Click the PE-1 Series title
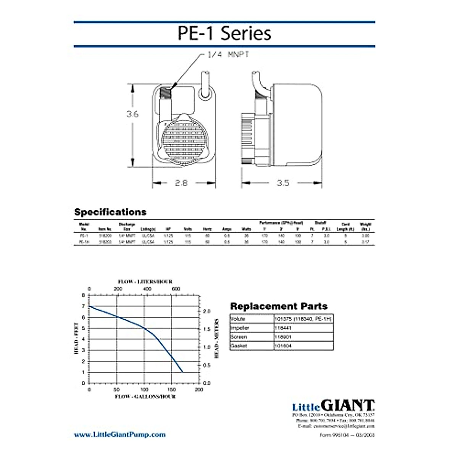224,33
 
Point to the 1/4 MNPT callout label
228,55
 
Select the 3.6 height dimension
132,114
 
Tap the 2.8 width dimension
181,183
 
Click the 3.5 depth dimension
283,183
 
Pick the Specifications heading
110,212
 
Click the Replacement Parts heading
279,306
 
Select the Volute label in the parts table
238,319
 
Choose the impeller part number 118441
283,328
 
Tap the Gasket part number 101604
283,346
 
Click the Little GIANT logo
333,406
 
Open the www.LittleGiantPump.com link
120,434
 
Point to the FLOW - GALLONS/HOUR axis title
145,397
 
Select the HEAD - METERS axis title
216,339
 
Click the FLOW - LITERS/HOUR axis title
145,282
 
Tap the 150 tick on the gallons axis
171,390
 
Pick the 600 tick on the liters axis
176,289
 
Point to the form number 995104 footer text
347,435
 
